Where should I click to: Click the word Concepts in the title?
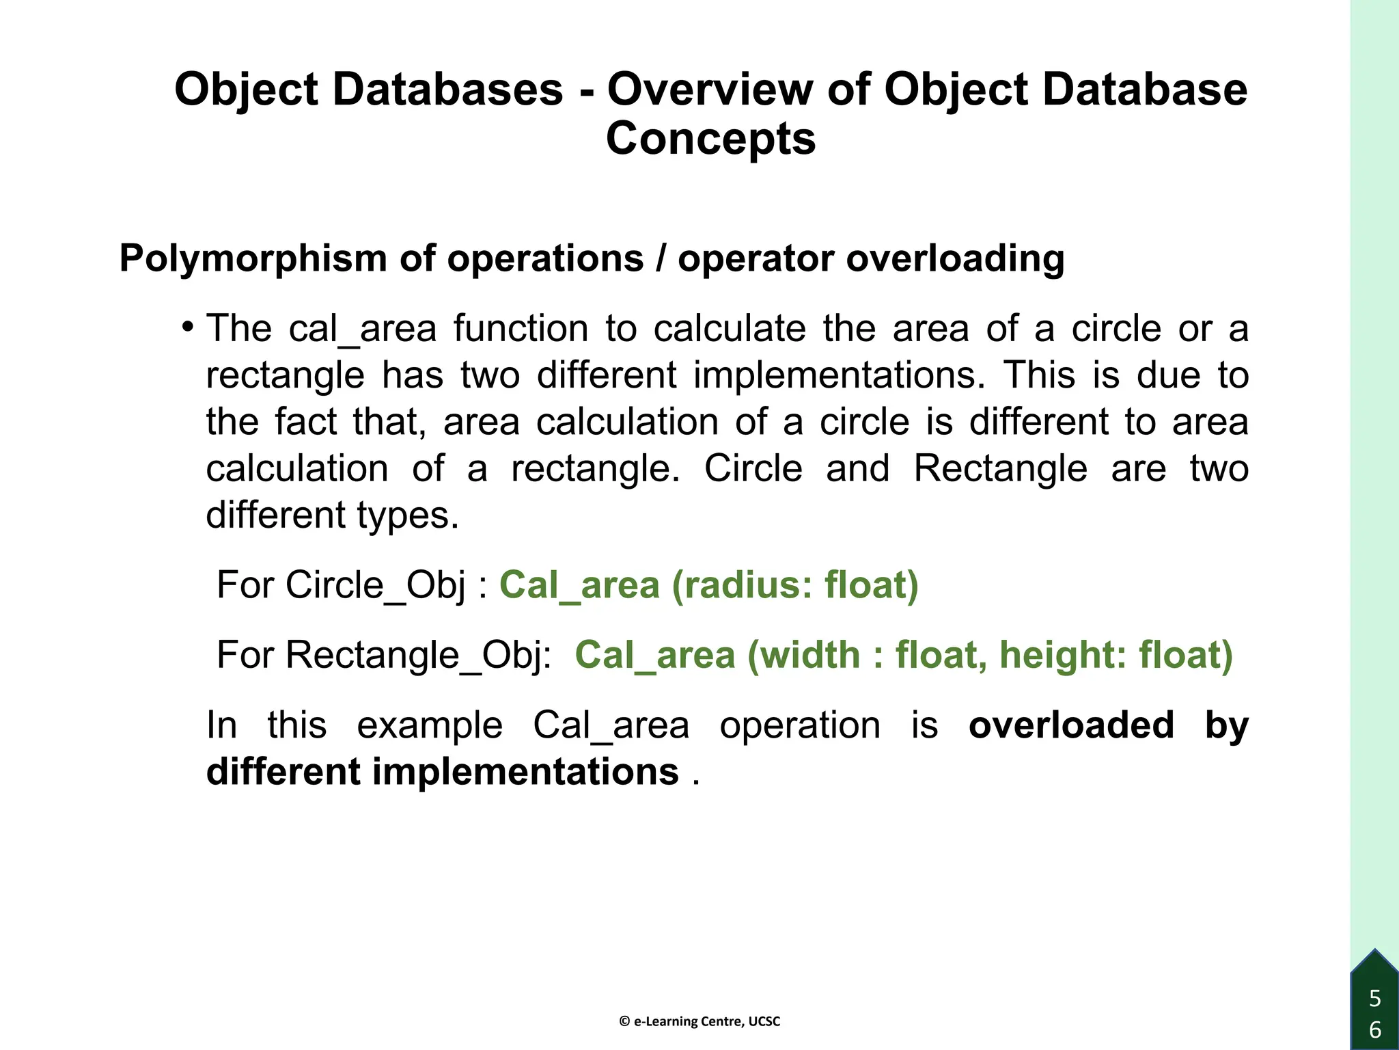coord(710,139)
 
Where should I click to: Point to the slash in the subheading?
coord(661,258)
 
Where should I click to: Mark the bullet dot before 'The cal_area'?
coord(188,325)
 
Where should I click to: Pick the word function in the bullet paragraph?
coord(521,328)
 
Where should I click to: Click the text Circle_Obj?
coord(375,585)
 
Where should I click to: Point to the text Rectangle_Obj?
coord(416,655)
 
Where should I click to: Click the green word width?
coord(809,655)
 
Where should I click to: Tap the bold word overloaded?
coord(1071,725)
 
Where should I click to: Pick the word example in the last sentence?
coord(430,725)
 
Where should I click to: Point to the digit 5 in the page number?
coord(1375,999)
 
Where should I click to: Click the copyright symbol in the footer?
coord(624,1021)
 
